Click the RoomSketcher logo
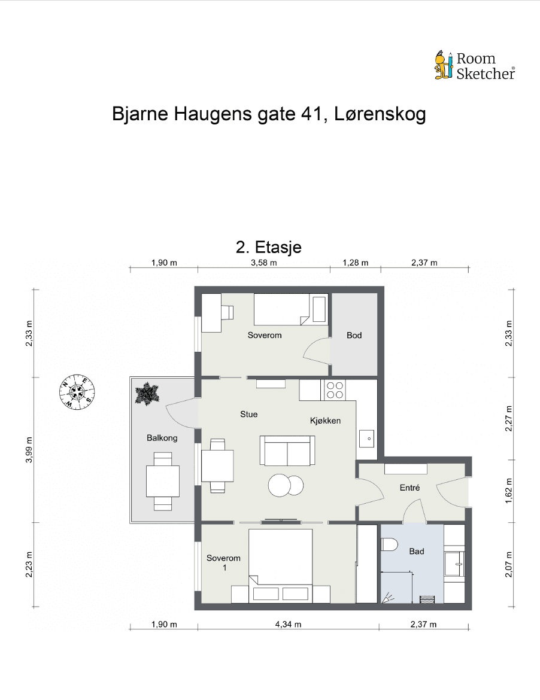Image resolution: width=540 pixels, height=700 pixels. [x=474, y=66]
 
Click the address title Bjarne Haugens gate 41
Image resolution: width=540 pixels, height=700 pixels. [x=269, y=114]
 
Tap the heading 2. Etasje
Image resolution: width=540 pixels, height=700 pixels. [x=269, y=247]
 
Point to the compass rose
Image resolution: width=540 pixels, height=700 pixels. [x=77, y=392]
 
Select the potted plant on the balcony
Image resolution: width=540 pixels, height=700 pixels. [x=147, y=394]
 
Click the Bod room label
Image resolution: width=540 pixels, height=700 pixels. [x=354, y=335]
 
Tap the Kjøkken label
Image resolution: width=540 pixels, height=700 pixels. [x=325, y=421]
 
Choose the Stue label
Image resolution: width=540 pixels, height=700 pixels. [x=248, y=413]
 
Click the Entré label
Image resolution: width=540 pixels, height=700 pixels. [x=409, y=488]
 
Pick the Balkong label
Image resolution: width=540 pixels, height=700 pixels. [x=162, y=438]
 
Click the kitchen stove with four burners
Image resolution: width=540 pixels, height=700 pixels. [x=335, y=390]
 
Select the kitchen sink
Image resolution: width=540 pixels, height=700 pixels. [x=367, y=439]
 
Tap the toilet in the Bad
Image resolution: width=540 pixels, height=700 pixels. [x=390, y=544]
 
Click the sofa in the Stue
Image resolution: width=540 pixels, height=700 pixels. [x=287, y=451]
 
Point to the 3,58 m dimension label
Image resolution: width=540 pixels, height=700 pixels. [x=264, y=263]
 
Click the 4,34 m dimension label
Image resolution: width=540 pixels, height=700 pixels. [x=288, y=625]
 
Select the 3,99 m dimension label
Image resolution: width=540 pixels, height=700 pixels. [x=29, y=449]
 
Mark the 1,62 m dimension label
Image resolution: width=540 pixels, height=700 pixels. [x=509, y=491]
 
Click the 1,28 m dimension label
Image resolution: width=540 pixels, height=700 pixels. [x=355, y=263]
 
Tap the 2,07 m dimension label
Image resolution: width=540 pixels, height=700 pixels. [x=509, y=565]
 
